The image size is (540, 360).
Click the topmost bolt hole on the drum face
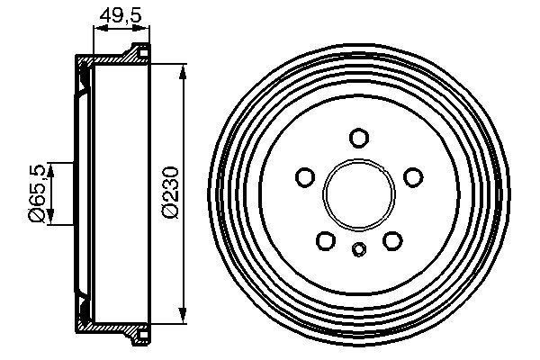pos(359,138)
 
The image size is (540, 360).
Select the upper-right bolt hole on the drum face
pos(412,176)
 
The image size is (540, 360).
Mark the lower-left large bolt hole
pos(326,239)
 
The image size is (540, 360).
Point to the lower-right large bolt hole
pos(391,239)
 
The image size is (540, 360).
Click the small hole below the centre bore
pos(358,249)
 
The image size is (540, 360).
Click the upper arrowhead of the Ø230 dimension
pos(184,69)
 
